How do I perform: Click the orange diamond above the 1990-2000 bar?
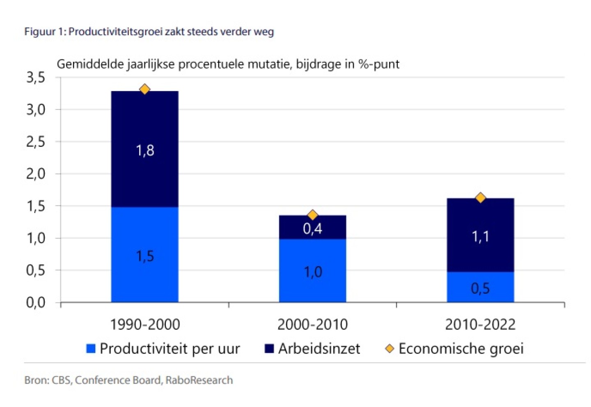[x=144, y=89]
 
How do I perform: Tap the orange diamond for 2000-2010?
[x=312, y=215]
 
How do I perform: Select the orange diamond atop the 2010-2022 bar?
[x=480, y=198]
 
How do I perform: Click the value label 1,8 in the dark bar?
[x=145, y=151]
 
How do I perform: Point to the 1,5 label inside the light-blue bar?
[x=145, y=256]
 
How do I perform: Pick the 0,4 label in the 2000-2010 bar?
[x=312, y=229]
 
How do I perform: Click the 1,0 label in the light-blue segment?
[x=313, y=272]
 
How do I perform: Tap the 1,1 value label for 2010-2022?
[x=480, y=237]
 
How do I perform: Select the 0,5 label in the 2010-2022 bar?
[x=480, y=288]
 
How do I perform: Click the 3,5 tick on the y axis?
[x=36, y=77]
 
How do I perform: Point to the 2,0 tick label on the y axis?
[x=36, y=174]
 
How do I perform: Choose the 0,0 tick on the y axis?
[x=36, y=303]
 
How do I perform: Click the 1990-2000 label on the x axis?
[x=145, y=325]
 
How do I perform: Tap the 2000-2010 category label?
[x=312, y=325]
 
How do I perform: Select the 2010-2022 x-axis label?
[x=480, y=325]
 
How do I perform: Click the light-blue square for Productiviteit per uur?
[x=91, y=349]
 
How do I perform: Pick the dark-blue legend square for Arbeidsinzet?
[x=269, y=349]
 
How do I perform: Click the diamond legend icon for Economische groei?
[x=389, y=349]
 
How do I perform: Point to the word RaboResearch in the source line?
[x=199, y=380]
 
